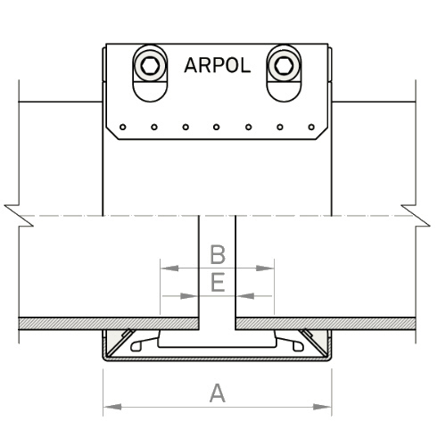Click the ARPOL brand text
coord(218,65)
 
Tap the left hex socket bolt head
coord(150,66)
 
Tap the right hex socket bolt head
coord(285,66)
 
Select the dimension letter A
coord(218,393)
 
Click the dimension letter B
coord(218,254)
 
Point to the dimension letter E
coord(218,283)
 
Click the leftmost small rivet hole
coord(122,128)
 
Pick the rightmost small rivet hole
coord(311,128)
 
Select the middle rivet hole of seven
coord(217,128)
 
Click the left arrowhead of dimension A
coord(112,407)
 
